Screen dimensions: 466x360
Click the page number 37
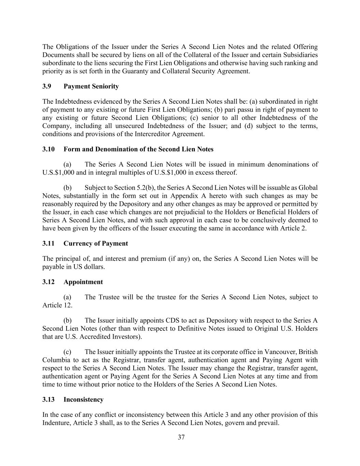pyautogui.click(x=181, y=437)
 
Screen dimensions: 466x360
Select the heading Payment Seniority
pyautogui.click(x=91, y=86)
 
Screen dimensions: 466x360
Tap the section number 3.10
pyautogui.click(x=48, y=149)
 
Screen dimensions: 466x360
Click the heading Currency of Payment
pyautogui.click(x=96, y=243)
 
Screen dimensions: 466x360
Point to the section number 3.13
pyautogui.click(x=48, y=399)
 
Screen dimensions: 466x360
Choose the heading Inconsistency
pyautogui.click(x=83, y=399)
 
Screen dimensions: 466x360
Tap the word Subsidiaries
pyautogui.click(x=299, y=55)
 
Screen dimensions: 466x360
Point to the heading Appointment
pyautogui.click(x=83, y=282)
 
